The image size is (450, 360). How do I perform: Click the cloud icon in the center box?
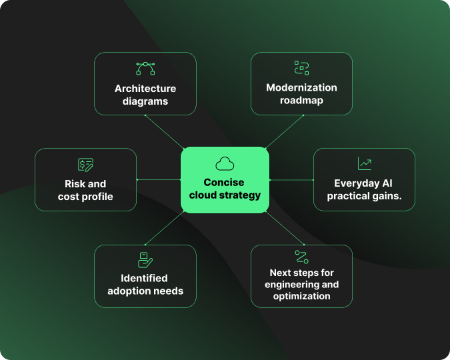pyautogui.click(x=225, y=163)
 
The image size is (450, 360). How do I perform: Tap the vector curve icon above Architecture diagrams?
pyautogui.click(x=145, y=69)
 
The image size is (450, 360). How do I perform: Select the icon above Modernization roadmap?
pyautogui.click(x=301, y=67)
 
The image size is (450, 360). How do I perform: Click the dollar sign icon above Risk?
pyautogui.click(x=85, y=164)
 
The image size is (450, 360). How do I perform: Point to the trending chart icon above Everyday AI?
pyautogui.click(x=364, y=163)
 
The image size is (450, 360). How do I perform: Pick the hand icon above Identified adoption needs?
pyautogui.click(x=145, y=259)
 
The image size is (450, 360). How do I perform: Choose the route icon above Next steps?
pyautogui.click(x=301, y=257)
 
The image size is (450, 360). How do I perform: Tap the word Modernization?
pyautogui.click(x=301, y=88)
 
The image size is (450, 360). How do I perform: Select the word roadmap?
pyautogui.click(x=301, y=101)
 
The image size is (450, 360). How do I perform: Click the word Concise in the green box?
pyautogui.click(x=225, y=183)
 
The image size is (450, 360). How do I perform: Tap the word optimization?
pyautogui.click(x=301, y=296)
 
